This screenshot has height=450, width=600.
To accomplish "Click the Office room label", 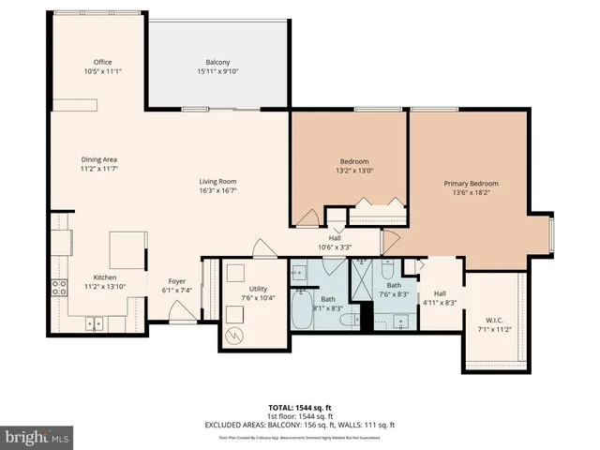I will [x=102, y=62].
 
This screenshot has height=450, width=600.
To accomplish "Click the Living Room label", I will [x=217, y=181].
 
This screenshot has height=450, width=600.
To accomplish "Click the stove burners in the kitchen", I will [x=58, y=288].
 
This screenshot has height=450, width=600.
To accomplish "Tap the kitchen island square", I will [x=128, y=250].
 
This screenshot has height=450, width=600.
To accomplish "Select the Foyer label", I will [x=176, y=280].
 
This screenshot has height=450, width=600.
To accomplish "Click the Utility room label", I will [x=259, y=289].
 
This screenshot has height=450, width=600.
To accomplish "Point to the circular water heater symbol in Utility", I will [x=236, y=334].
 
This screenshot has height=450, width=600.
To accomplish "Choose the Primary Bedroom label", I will [x=471, y=184].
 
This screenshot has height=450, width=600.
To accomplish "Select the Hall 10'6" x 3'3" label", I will [x=335, y=238].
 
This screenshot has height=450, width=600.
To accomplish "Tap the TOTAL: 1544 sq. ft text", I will [x=299, y=408].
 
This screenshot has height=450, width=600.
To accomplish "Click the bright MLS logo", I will [x=37, y=437].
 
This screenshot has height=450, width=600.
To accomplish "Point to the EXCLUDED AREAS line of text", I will [x=299, y=425].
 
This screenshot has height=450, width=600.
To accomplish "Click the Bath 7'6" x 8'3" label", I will [x=394, y=285].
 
